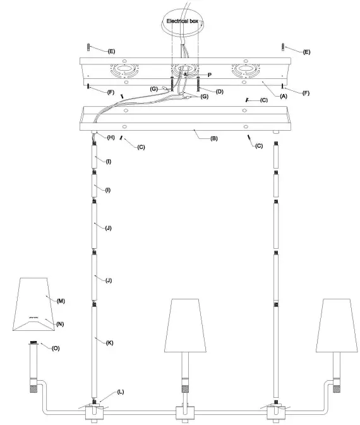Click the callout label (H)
[x=111, y=137]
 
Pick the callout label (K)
[x=110, y=342]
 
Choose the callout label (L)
[x=120, y=392]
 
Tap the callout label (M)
[x=61, y=301]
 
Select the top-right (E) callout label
[x=307, y=51]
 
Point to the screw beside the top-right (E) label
[x=282, y=47]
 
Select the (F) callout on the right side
[x=306, y=93]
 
